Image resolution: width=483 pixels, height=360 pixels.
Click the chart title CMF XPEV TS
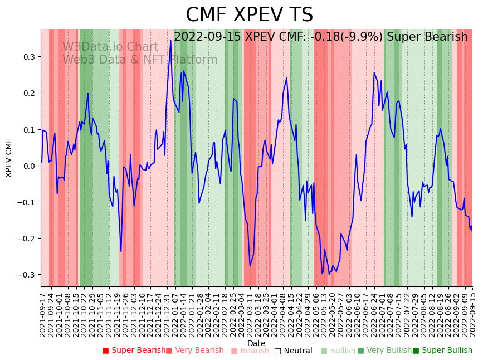249,15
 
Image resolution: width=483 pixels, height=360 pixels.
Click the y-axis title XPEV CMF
9,158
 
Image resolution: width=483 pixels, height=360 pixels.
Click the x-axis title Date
256,343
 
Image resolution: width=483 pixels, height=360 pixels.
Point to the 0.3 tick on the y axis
28,57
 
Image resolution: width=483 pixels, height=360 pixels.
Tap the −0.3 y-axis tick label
26,275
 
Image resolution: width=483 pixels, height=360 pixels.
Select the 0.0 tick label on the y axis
28,166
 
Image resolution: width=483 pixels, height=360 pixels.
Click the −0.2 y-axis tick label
26,239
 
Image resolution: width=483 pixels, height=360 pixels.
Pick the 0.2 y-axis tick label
28,93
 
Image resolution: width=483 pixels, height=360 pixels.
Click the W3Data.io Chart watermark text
110,47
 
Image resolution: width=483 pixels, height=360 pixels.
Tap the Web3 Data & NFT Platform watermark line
140,60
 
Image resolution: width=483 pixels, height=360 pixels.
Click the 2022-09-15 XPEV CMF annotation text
320,37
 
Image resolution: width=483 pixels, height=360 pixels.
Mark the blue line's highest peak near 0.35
170,41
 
